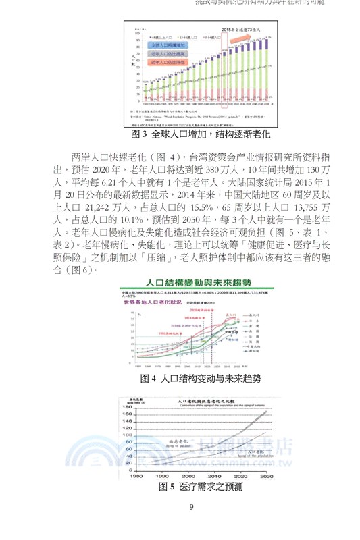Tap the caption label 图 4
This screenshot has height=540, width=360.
coord(148,378)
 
